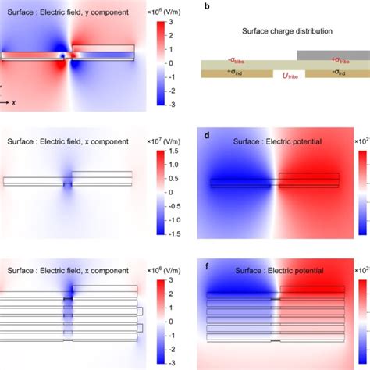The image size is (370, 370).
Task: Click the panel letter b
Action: [205, 5]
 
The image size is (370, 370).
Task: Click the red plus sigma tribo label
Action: [340, 59]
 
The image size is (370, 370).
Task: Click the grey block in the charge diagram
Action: [333, 55]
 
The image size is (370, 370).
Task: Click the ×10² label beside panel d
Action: [361, 141]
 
